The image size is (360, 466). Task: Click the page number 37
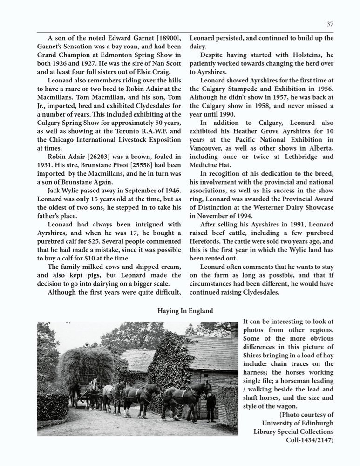[x=330, y=24]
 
